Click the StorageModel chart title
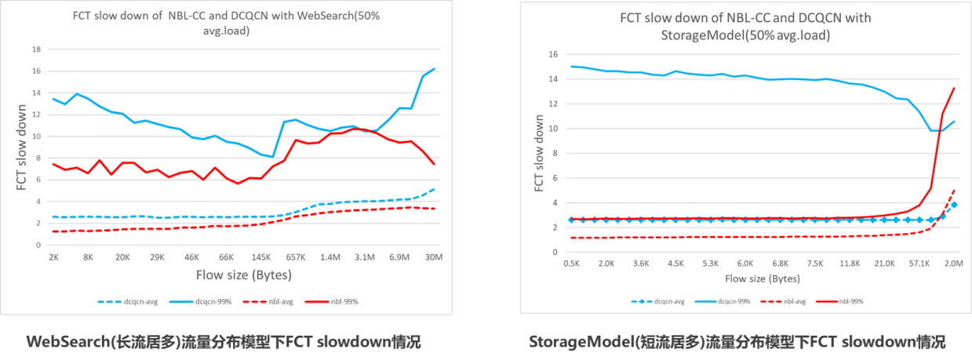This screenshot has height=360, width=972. click(x=744, y=27)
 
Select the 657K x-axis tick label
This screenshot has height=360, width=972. click(x=296, y=256)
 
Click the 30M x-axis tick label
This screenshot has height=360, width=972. click(x=434, y=256)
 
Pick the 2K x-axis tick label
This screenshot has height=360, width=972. click(x=53, y=256)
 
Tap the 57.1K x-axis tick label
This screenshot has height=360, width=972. click(x=919, y=264)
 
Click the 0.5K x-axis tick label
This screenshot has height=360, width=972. click(x=571, y=264)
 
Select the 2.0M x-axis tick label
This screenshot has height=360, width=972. click(x=954, y=264)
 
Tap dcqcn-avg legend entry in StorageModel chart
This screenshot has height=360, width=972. click(x=657, y=300)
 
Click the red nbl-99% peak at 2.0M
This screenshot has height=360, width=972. click(x=954, y=88)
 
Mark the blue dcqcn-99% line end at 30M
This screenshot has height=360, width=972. click(x=434, y=69)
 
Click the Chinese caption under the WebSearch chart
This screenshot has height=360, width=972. click(x=224, y=342)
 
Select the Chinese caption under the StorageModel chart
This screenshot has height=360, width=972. click(x=737, y=342)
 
